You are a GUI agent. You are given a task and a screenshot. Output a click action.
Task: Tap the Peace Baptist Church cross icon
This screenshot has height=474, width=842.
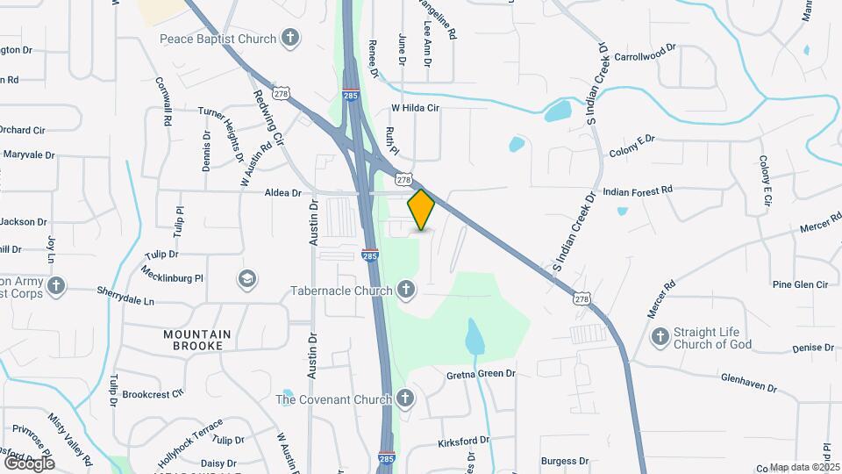290,38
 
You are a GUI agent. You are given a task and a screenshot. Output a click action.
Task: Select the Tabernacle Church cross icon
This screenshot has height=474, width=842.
405,289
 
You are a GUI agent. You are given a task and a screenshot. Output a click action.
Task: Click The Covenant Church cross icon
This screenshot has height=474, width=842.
404,399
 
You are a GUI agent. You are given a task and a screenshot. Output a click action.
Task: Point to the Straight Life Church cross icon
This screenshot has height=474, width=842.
660,337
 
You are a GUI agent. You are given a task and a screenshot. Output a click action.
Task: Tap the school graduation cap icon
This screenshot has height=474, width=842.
247,279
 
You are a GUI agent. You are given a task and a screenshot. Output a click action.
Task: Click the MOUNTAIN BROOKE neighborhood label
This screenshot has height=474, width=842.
197,341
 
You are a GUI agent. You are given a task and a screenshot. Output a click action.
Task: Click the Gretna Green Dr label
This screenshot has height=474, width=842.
481,374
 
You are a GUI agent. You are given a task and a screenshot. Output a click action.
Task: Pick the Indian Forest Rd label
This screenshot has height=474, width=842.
638,190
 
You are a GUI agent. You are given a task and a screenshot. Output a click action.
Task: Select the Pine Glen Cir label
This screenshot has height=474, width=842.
800,284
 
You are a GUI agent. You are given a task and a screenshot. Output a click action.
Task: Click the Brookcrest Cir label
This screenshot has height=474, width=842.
153,394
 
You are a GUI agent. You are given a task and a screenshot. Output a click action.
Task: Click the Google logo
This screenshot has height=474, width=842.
29,463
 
